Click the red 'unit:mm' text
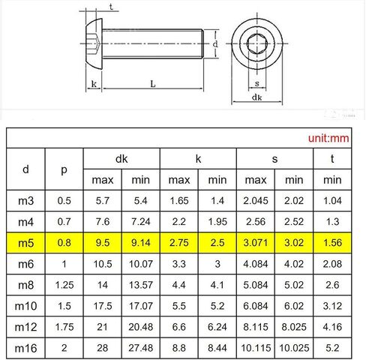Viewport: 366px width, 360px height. tap(328, 138)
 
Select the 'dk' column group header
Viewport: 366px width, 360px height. tap(121, 159)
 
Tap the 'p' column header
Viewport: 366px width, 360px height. tap(64, 170)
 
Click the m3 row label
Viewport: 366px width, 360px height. tap(25, 201)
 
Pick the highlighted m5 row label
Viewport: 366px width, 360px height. tap(25, 243)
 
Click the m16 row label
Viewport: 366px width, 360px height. tap(25, 348)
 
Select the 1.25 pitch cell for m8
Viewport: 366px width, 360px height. tap(64, 285)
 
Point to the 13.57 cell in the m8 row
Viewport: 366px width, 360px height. tap(141, 285)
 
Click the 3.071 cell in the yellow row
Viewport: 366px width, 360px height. tap(256, 243)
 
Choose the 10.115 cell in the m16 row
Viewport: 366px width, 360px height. tap(256, 348)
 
